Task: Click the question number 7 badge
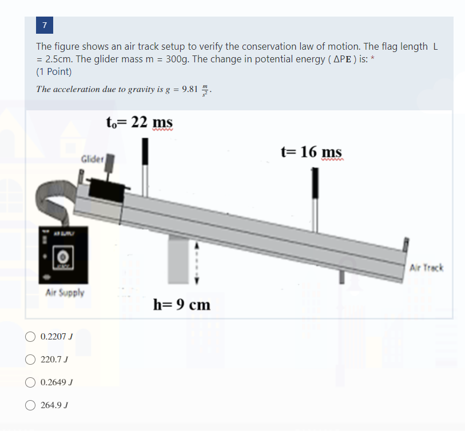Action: click(45, 25)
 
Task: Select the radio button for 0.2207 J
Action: click(30, 336)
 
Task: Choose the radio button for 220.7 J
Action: click(30, 360)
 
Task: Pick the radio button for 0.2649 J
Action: click(30, 382)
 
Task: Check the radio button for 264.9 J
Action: click(30, 405)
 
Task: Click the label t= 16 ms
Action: click(312, 151)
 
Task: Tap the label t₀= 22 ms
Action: click(140, 122)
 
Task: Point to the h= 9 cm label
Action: click(182, 305)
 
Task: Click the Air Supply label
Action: click(65, 293)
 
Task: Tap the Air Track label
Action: click(426, 268)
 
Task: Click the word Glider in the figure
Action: click(92, 158)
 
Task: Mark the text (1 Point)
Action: click(54, 72)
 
